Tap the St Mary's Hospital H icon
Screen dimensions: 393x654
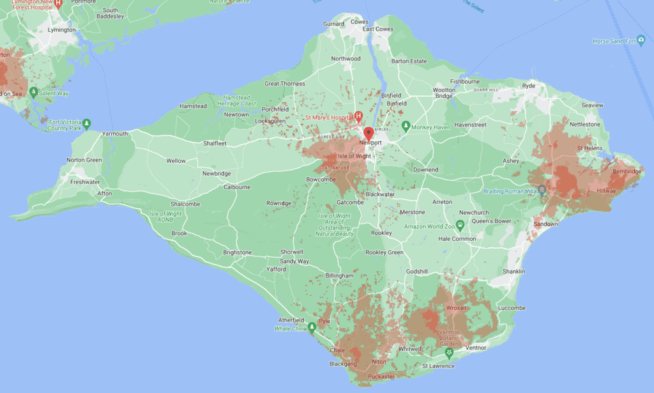[x=358, y=116]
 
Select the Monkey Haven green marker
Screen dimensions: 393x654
[x=404, y=126]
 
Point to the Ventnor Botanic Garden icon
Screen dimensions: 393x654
[x=449, y=352]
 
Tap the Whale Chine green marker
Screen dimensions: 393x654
[x=312, y=328]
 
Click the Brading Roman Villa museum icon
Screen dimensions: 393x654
[x=542, y=190]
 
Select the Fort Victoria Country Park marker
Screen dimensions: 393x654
[x=87, y=123]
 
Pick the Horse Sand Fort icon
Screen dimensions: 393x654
[x=641, y=42]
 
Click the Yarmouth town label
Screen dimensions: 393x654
[x=115, y=134]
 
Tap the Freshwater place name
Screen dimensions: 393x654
[x=85, y=182]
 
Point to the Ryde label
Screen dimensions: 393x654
[x=529, y=85]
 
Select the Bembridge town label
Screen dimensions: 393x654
[x=627, y=171]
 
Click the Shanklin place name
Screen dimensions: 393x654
[x=513, y=272]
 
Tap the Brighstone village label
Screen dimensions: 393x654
[x=237, y=252]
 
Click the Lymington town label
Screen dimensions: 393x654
[x=61, y=30]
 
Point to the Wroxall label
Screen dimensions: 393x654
[x=457, y=307]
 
